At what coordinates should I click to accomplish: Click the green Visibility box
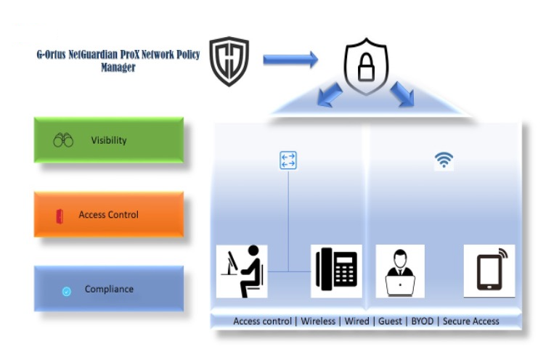(109, 140)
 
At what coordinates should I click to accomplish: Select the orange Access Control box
(109, 215)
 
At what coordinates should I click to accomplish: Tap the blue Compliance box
(109, 289)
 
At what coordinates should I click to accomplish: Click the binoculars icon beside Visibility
(63, 140)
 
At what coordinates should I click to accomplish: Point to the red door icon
(60, 216)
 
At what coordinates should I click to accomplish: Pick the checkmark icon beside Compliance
(66, 291)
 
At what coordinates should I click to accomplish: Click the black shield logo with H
(229, 62)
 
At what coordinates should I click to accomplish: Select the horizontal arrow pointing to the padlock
(290, 60)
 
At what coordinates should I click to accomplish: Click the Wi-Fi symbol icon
(444, 160)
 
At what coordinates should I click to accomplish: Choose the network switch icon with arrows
(288, 160)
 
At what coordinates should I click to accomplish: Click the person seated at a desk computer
(243, 271)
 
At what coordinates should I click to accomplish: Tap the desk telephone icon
(336, 271)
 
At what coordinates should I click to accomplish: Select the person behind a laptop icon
(399, 271)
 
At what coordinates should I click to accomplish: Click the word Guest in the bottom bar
(389, 321)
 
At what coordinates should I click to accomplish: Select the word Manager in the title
(118, 68)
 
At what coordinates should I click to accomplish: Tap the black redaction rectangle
(32, 34)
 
